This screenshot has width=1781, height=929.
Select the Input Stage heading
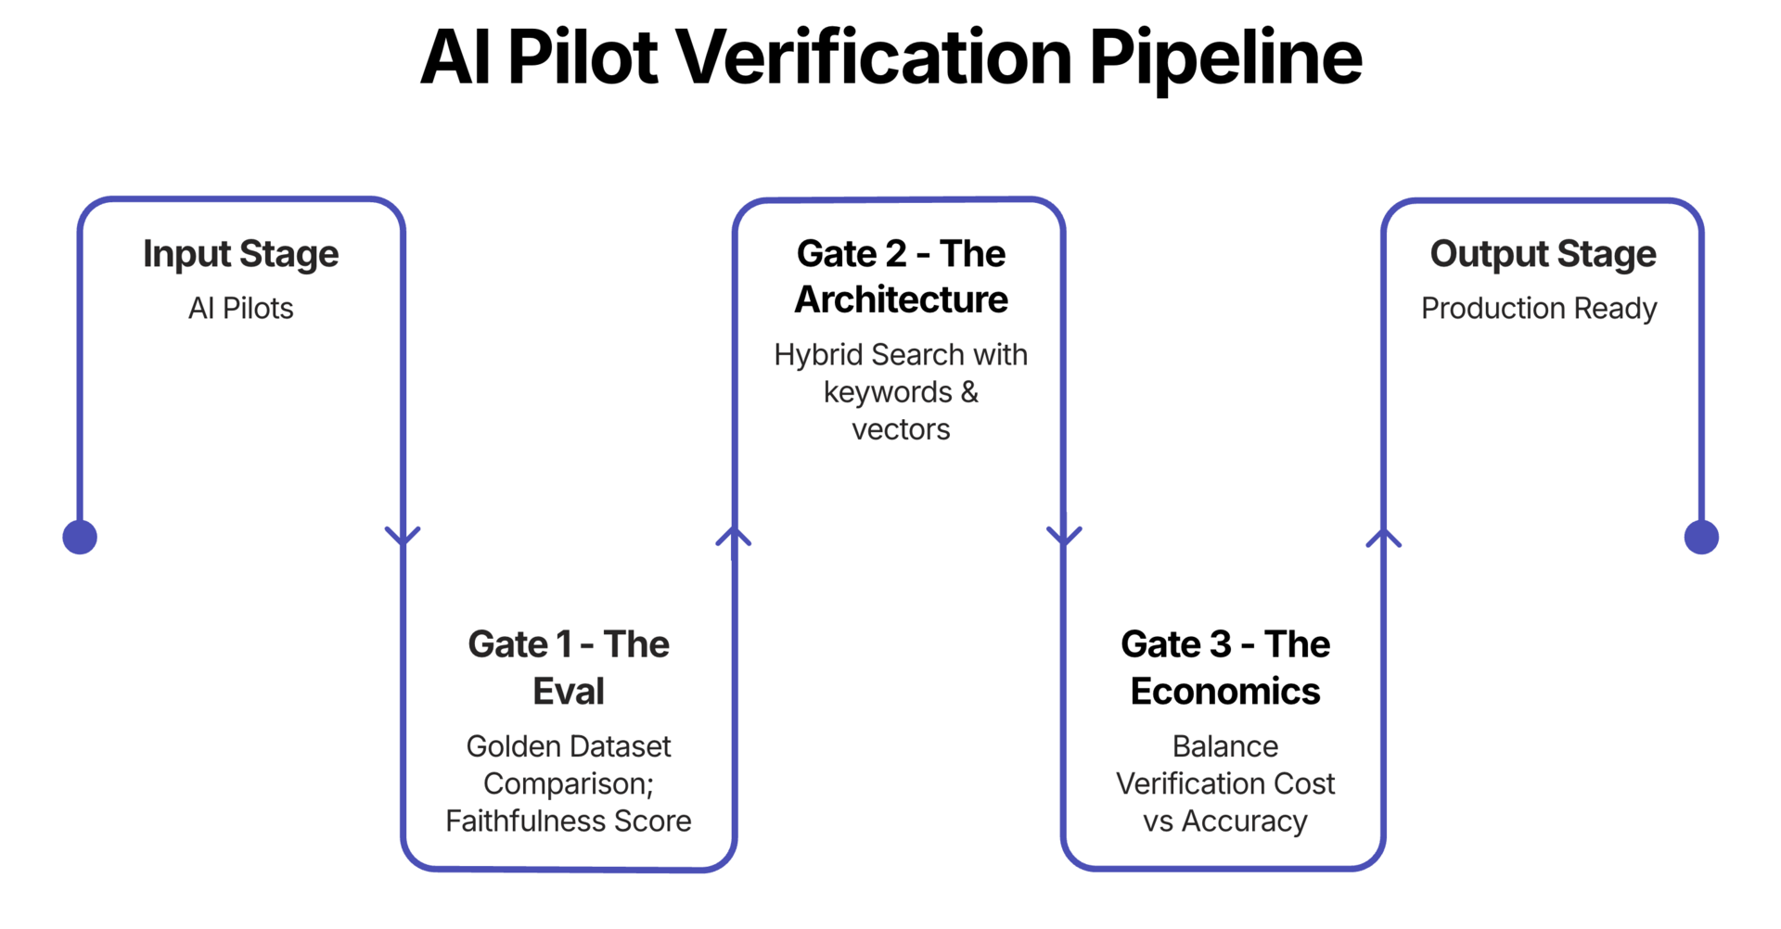pos(240,254)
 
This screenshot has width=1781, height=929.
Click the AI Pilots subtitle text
pos(240,308)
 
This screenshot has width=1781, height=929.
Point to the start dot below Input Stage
pos(80,537)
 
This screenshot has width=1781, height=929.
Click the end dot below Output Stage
pos(1700,537)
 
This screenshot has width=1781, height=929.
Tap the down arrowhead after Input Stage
pos(403,536)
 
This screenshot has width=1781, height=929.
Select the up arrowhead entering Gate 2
pos(734,536)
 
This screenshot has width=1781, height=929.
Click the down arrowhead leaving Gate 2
pos(1064,536)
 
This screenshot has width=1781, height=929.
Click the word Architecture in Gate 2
pos(901,299)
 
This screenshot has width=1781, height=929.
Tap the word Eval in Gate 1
pos(568,692)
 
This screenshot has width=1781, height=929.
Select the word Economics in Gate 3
pos(1224,692)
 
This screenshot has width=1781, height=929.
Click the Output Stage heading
pos(1542,254)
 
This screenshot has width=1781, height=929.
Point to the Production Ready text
pos(1538,308)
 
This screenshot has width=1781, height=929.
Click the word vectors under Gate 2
pos(901,429)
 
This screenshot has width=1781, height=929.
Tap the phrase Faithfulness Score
pos(568,821)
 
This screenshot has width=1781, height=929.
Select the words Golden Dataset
pos(568,746)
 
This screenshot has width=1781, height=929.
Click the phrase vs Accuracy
pos(1224,821)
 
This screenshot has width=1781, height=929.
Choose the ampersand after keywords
pos(969,392)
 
